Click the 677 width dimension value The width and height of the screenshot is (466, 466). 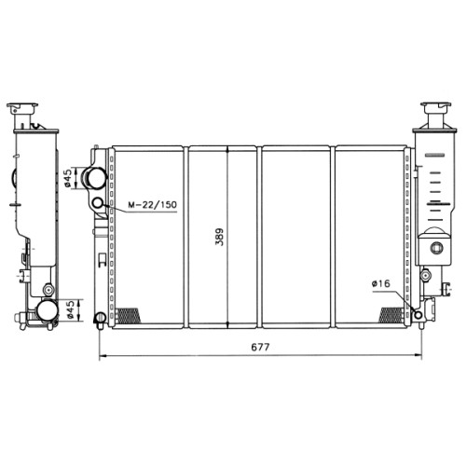coord(260,347)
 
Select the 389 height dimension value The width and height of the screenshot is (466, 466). coord(219,237)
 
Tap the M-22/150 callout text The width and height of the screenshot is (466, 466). coord(153,205)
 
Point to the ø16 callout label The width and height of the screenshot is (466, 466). coord(380,283)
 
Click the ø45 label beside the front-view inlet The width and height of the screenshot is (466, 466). coord(68,178)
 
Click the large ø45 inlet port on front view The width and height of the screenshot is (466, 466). coord(94,178)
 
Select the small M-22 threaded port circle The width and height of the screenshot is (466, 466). coord(98,203)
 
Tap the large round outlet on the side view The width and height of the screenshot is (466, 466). coord(47,310)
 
